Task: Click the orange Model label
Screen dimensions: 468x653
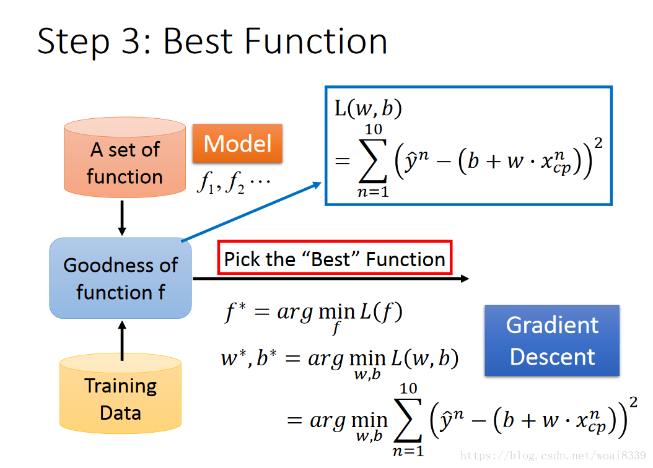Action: coord(237,144)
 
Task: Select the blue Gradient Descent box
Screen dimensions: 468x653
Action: coord(551,340)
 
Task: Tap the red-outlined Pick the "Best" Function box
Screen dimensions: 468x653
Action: coord(335,258)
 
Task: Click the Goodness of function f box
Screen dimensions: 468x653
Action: coord(121,279)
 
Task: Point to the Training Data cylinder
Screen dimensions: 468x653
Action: coord(121,396)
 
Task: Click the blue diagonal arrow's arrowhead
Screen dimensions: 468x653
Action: coord(317,184)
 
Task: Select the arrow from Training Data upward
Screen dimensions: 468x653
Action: coord(122,340)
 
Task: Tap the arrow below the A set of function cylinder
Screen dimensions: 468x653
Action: coord(122,218)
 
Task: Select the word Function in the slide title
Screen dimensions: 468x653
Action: coord(316,42)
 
